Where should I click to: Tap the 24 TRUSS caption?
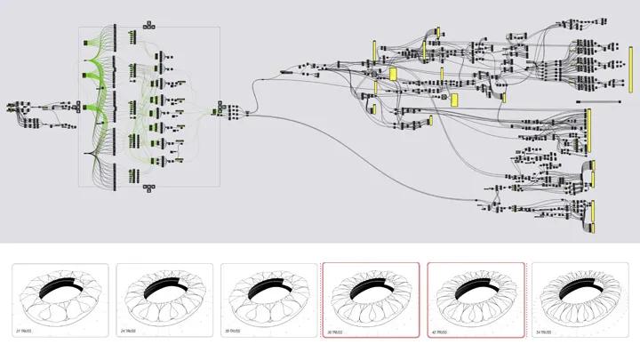[129, 332]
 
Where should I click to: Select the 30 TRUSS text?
[233, 332]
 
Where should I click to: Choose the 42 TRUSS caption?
[440, 332]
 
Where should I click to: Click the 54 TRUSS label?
[544, 332]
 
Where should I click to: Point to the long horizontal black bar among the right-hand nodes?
[591, 101]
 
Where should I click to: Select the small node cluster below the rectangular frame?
[147, 188]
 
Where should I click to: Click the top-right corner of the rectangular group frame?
[220, 27]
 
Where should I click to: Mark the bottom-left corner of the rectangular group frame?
[79, 187]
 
